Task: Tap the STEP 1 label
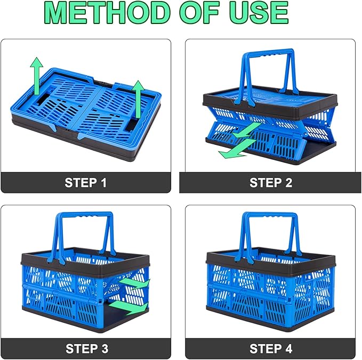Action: click(86, 183)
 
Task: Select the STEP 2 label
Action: click(271, 183)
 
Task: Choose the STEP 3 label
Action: click(87, 349)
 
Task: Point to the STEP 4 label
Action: click(271, 349)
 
